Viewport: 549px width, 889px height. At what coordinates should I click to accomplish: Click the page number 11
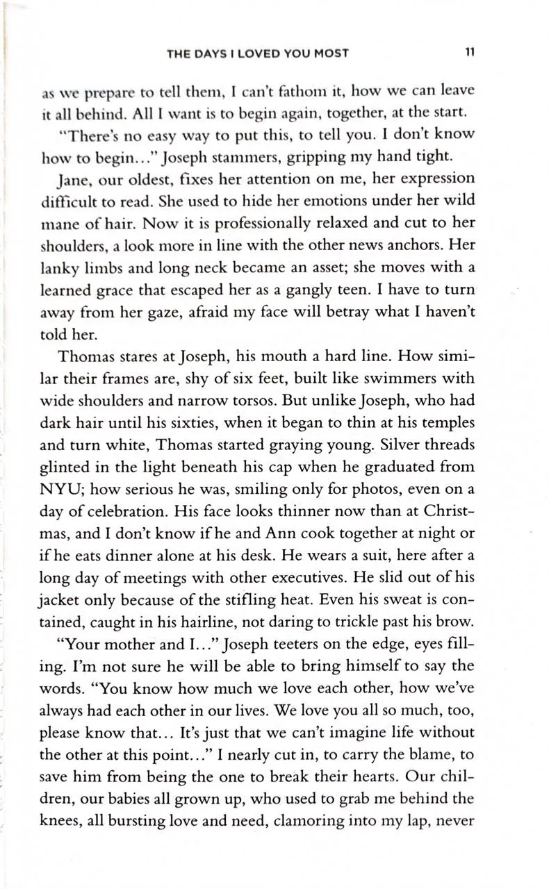point(470,53)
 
